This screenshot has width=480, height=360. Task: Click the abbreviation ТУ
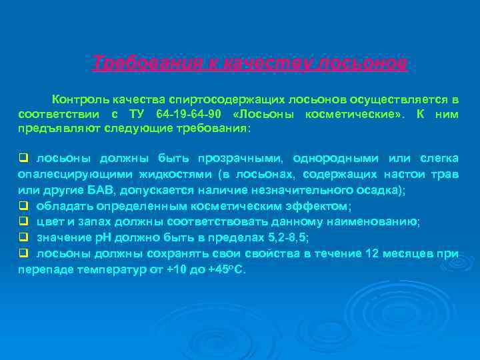coord(137,113)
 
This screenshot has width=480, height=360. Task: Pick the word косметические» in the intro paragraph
coord(357,113)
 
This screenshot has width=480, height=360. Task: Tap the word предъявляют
coord(54,128)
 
